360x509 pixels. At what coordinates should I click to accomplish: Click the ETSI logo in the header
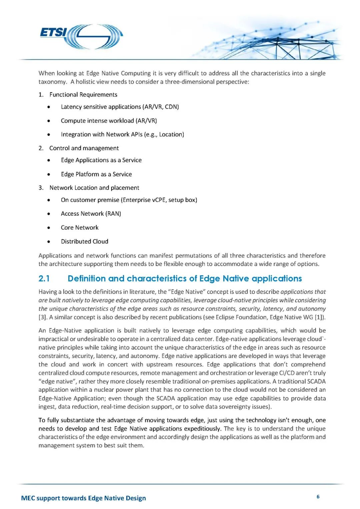(x=81, y=36)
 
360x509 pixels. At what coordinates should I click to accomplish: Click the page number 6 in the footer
(x=318, y=497)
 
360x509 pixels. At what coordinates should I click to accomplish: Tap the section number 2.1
(x=44, y=279)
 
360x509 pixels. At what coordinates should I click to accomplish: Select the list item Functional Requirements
(x=83, y=95)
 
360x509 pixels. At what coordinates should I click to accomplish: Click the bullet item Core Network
(x=80, y=228)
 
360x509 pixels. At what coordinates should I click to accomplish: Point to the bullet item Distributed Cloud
(x=84, y=241)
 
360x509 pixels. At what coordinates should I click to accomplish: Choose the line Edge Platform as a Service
(x=96, y=174)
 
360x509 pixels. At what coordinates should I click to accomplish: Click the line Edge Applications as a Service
(x=101, y=160)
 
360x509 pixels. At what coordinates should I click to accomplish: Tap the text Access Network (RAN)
(x=91, y=214)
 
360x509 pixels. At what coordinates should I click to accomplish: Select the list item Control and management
(x=84, y=148)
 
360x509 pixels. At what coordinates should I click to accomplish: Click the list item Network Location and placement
(x=94, y=188)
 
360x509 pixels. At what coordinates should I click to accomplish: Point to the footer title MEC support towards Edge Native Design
(x=83, y=498)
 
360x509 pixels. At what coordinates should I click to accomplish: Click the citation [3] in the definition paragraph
(x=42, y=317)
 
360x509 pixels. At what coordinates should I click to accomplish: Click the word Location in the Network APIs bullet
(x=171, y=134)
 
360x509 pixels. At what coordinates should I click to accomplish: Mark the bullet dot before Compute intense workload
(x=49, y=121)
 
